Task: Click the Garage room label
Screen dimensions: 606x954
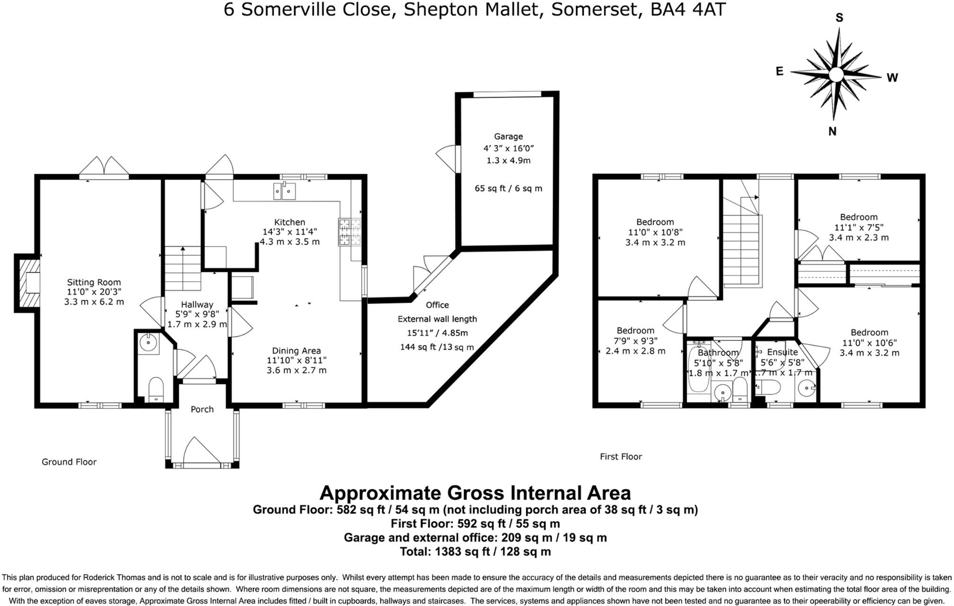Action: (x=509, y=136)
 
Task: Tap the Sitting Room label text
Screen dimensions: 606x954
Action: (x=94, y=282)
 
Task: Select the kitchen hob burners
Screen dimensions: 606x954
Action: (x=349, y=232)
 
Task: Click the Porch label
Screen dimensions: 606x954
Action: (x=202, y=409)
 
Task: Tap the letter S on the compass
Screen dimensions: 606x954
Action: (x=839, y=18)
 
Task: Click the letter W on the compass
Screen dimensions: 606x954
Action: (x=892, y=78)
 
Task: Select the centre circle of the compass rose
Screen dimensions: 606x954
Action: (x=836, y=74)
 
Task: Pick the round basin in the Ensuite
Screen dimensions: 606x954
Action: (x=806, y=389)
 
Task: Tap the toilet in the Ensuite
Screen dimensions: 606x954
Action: (x=768, y=387)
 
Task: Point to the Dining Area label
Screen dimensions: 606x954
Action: (x=296, y=351)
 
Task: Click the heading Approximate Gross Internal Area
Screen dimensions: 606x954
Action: (x=475, y=493)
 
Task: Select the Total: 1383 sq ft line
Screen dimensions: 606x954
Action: (x=475, y=551)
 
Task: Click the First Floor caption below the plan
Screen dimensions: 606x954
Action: (x=621, y=456)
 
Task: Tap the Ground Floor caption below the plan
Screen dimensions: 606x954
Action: (x=69, y=462)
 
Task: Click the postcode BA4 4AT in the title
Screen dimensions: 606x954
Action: (x=688, y=9)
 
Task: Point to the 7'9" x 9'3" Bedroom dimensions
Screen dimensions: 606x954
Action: (x=636, y=340)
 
